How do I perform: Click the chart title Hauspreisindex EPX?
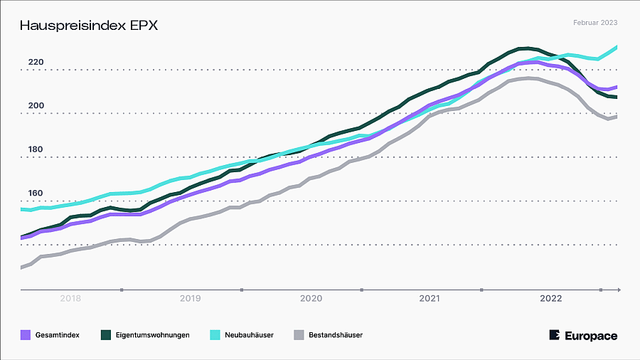(x=88, y=26)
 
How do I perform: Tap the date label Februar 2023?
(x=595, y=23)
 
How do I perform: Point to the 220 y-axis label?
(x=36, y=63)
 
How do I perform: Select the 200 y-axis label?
(x=36, y=106)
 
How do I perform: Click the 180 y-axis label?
(x=36, y=150)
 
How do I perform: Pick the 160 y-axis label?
(x=36, y=194)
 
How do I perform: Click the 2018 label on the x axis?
(x=70, y=299)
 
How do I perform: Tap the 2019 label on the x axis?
(x=190, y=299)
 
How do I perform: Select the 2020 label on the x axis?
(x=311, y=299)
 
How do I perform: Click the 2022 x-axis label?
(x=551, y=299)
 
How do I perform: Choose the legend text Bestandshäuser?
(x=336, y=334)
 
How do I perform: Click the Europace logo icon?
(x=555, y=335)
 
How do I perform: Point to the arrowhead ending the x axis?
(x=619, y=290)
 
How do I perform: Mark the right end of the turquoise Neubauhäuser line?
(x=616, y=48)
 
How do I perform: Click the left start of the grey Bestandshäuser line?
(x=22, y=268)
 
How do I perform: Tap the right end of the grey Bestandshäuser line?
(x=616, y=116)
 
